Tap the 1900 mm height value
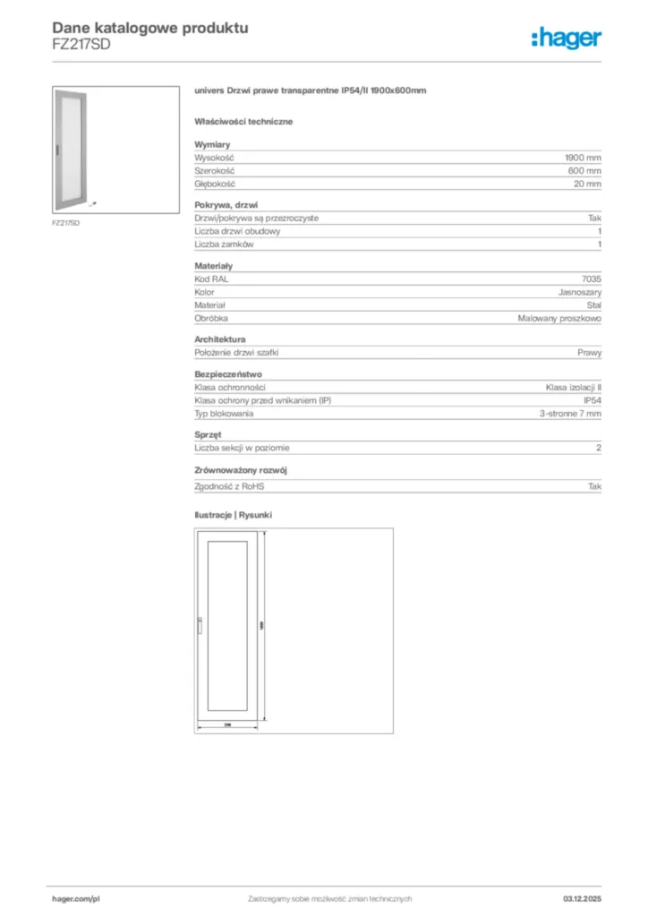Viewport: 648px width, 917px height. pyautogui.click(x=582, y=157)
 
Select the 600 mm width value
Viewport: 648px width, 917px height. pyautogui.click(x=584, y=170)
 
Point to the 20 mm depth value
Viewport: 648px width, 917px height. pyautogui.click(x=587, y=184)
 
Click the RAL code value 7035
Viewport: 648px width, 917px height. pyautogui.click(x=591, y=279)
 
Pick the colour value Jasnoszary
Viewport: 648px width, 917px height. pyautogui.click(x=578, y=292)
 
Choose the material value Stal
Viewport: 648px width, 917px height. pyautogui.click(x=593, y=305)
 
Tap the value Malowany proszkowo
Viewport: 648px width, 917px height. pyautogui.click(x=559, y=318)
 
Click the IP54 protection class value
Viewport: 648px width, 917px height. pyautogui.click(x=592, y=400)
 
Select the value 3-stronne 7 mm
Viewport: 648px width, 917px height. pyautogui.click(x=570, y=414)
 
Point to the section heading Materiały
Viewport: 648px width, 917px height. pyautogui.click(x=213, y=266)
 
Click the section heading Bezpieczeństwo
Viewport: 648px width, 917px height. pyautogui.click(x=228, y=374)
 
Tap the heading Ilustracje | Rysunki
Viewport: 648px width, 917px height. pyautogui.click(x=233, y=515)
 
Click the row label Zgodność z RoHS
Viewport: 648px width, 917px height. pyautogui.click(x=230, y=485)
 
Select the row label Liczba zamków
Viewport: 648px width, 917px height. pyautogui.click(x=225, y=244)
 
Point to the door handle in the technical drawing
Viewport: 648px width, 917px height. pyautogui.click(x=200, y=627)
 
